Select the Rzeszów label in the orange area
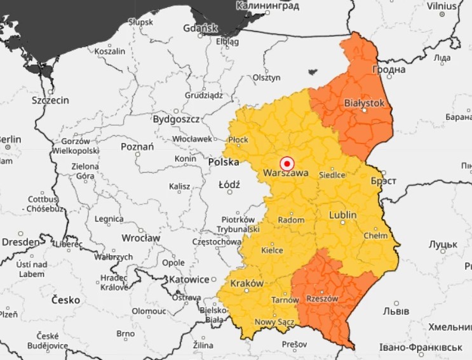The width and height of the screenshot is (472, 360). point(322,298)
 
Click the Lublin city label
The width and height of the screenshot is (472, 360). point(342,215)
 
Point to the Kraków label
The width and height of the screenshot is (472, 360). point(246,283)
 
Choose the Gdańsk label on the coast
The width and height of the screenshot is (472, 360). point(200,29)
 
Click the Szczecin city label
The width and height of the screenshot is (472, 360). point(50,100)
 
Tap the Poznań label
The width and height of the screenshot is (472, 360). point(137,147)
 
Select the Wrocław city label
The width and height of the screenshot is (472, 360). point(142,238)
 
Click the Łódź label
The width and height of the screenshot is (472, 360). point(229,185)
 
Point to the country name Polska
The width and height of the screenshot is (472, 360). point(224,163)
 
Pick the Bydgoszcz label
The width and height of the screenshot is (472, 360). point(176,119)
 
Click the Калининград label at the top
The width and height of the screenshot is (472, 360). point(267,6)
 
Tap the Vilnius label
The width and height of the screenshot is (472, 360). point(441,6)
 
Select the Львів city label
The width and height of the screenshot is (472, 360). point(396,311)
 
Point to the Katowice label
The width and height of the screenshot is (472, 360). point(189,279)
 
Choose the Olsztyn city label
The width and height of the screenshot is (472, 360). point(266,77)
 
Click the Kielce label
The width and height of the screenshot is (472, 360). point(272,250)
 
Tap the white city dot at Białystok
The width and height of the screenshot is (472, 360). point(365,110)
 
